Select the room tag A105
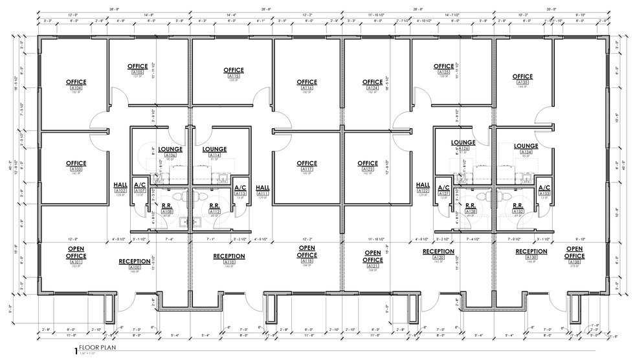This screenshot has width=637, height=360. (x=137, y=72)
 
